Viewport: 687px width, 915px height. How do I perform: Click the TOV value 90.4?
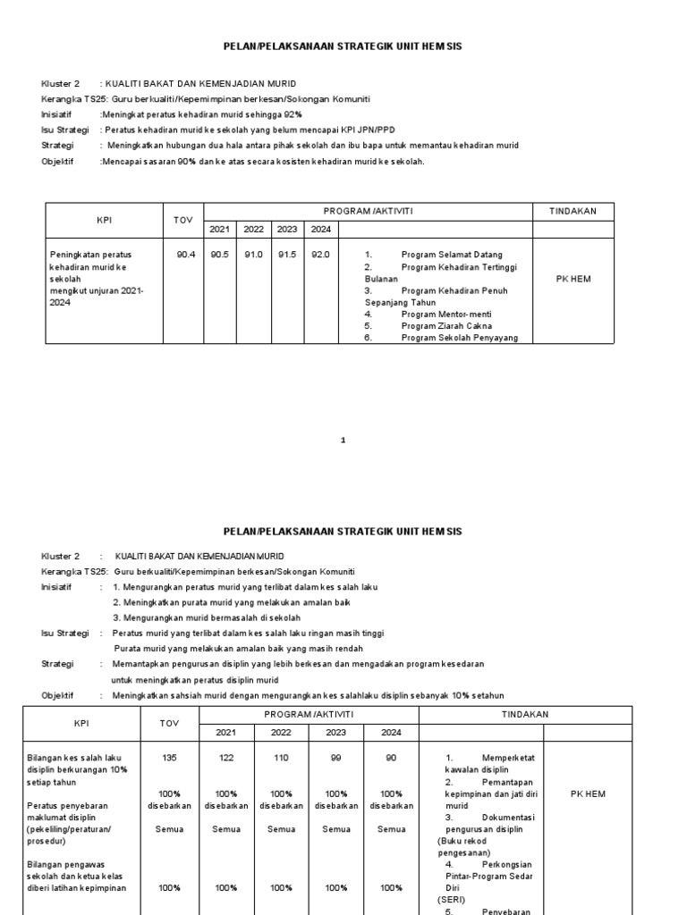(185, 255)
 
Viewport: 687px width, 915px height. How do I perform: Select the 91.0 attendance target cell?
(253, 255)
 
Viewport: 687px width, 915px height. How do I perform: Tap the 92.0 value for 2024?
(320, 255)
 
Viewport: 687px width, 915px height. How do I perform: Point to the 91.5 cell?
(286, 255)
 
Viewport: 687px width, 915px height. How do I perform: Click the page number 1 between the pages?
(343, 440)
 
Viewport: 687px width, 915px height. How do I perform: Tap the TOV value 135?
(169, 758)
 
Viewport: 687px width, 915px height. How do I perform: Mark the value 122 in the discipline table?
(225, 758)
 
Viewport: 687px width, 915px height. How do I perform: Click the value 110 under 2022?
(281, 758)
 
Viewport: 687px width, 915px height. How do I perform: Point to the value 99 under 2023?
(336, 758)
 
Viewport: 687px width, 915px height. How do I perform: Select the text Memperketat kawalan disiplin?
(490, 763)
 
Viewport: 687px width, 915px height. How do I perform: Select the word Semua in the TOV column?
(169, 829)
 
